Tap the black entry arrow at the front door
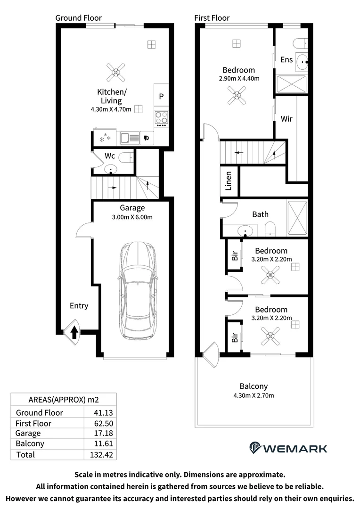tap(74, 332)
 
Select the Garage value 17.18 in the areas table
tap(103, 433)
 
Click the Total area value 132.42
tap(101, 454)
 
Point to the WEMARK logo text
tap(295, 449)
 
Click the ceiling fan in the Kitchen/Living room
tap(116, 73)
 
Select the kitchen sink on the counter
tap(130, 138)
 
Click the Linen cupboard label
tap(229, 181)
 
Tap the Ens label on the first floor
tap(286, 59)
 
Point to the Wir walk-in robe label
tap(286, 119)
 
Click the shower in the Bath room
tap(297, 217)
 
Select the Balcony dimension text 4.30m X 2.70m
tap(254, 395)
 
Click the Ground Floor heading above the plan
tap(79, 18)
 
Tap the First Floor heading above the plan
tap(212, 18)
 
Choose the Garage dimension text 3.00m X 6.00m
tap(132, 217)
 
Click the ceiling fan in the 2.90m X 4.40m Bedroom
tap(237, 95)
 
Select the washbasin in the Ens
tap(303, 61)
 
